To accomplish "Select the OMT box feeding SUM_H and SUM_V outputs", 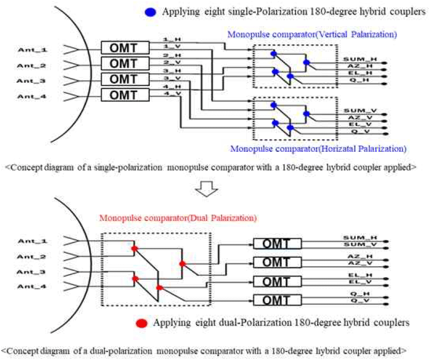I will [277, 243].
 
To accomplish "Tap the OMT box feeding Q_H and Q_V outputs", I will [277, 300].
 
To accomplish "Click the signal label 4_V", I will [169, 94].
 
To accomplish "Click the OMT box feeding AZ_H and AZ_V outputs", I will [277, 262].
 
